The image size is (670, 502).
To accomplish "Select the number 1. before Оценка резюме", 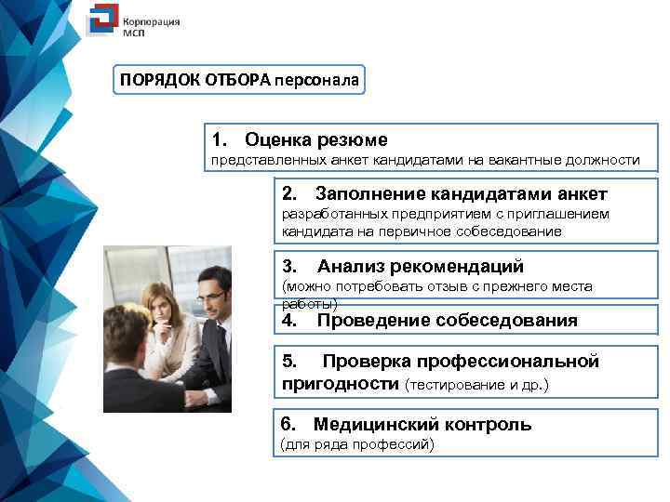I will pyautogui.click(x=220, y=140).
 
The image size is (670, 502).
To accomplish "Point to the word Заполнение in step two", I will pyautogui.click(x=369, y=194).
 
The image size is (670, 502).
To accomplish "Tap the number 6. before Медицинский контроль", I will pyautogui.click(x=288, y=425).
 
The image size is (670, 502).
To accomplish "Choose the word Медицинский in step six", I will pyautogui.click(x=370, y=425).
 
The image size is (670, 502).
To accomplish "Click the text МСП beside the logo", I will pyautogui.click(x=135, y=30).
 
